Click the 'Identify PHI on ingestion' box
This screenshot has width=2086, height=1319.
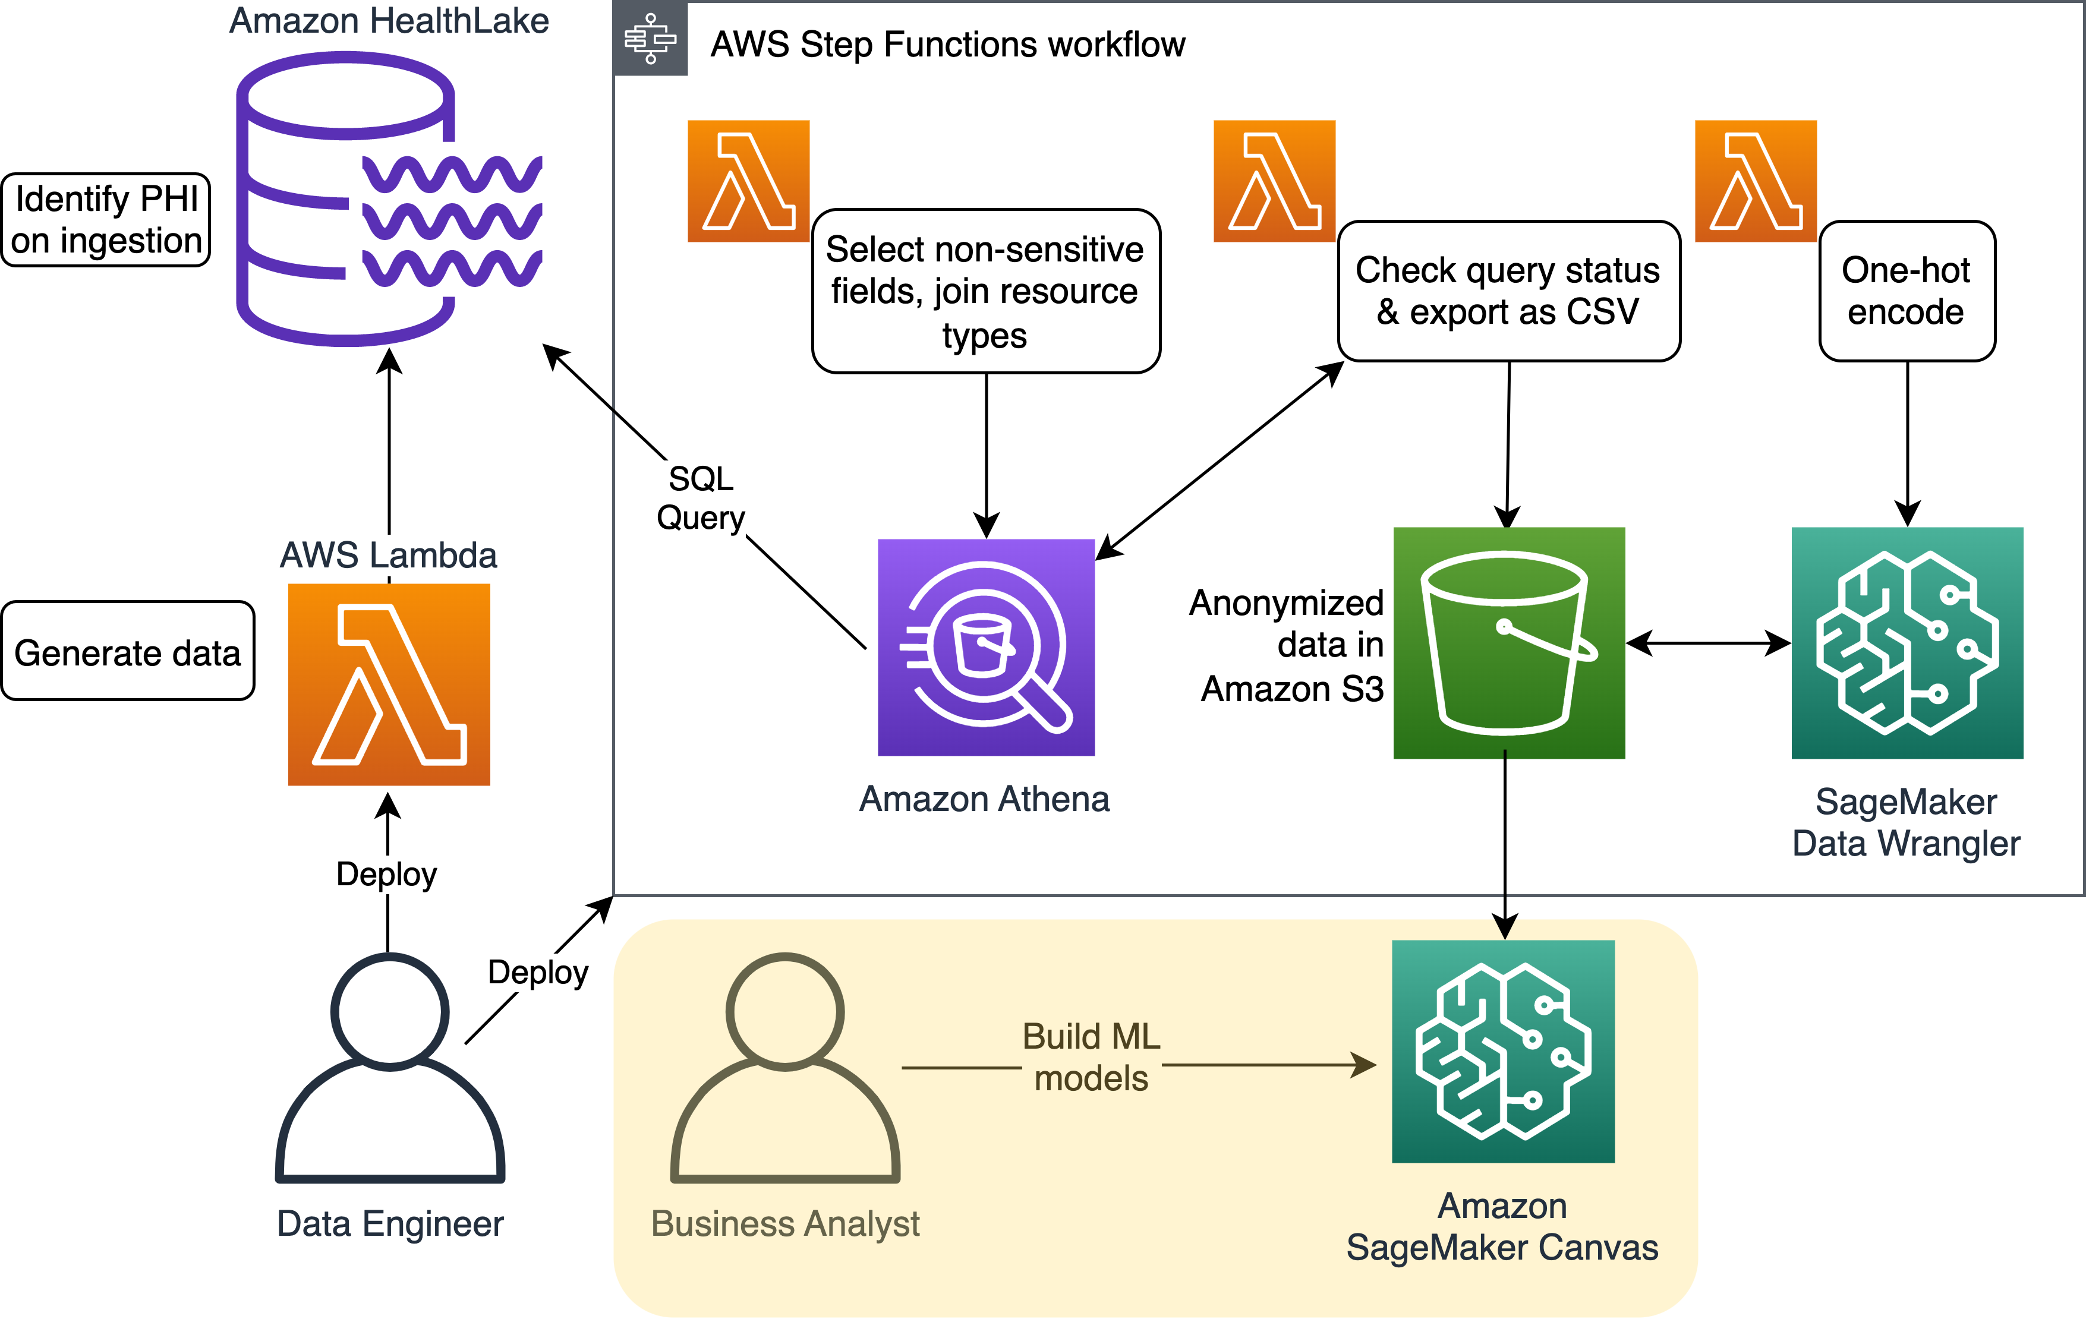pyautogui.click(x=106, y=220)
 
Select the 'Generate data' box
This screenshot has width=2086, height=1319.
pyautogui.click(x=127, y=651)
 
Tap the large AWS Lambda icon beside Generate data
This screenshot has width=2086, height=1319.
pyautogui.click(x=389, y=684)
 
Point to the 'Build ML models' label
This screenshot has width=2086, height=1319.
pyautogui.click(x=1091, y=1056)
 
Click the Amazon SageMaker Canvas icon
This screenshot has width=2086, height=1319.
pyautogui.click(x=1503, y=1050)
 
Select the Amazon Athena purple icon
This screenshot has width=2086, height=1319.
pyautogui.click(x=986, y=647)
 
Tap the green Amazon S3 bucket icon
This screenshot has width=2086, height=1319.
pyautogui.click(x=1508, y=643)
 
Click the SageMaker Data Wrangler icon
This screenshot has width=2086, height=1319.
pyautogui.click(x=1907, y=643)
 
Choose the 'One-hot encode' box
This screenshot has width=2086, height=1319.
pyautogui.click(x=1907, y=291)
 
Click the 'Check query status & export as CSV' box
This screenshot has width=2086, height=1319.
pyautogui.click(x=1508, y=291)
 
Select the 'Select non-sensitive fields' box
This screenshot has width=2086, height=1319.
pyautogui.click(x=986, y=291)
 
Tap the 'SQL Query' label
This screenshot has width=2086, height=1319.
pyautogui.click(x=701, y=498)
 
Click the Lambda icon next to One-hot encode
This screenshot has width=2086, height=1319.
pyautogui.click(x=1755, y=180)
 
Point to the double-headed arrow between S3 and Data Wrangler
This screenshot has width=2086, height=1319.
pyautogui.click(x=1708, y=643)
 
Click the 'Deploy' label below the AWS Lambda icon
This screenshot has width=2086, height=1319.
pyautogui.click(x=386, y=874)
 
